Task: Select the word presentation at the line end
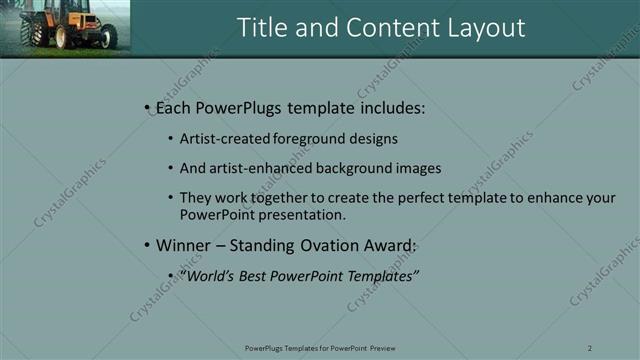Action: pos(299,214)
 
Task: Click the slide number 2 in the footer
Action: pos(590,347)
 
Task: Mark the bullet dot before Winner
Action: pos(147,245)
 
